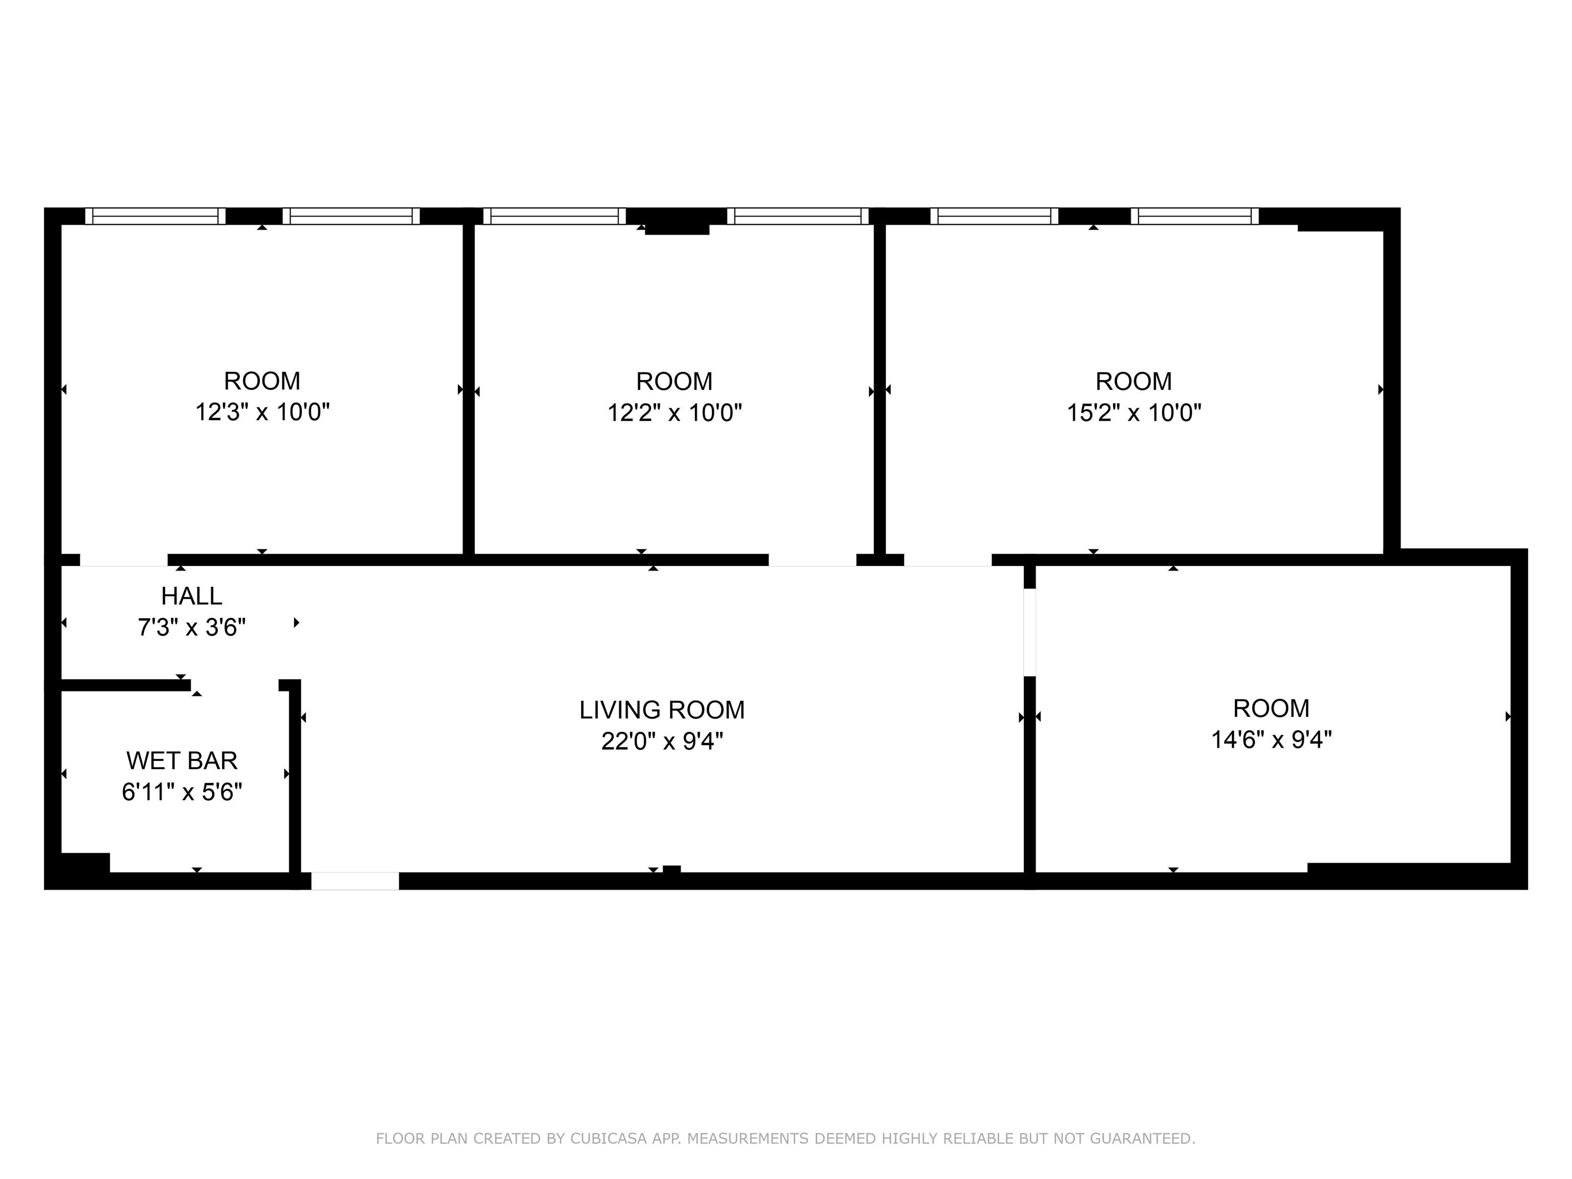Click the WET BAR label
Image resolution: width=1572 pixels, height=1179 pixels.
click(x=182, y=760)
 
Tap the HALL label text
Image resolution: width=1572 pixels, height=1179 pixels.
click(x=191, y=596)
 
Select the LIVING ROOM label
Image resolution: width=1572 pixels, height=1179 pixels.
click(x=662, y=709)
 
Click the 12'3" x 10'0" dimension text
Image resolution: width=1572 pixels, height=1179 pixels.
click(x=262, y=411)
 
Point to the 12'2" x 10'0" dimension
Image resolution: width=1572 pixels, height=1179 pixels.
click(x=674, y=412)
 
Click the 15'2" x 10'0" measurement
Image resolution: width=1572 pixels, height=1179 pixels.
click(x=1133, y=412)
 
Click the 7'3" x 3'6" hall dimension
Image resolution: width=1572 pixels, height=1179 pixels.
click(x=191, y=627)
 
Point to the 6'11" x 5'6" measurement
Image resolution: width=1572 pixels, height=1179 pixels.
click(x=182, y=791)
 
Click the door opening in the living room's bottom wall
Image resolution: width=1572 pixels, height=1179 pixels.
click(x=355, y=881)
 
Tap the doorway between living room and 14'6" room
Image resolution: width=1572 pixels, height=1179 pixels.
click(x=1029, y=632)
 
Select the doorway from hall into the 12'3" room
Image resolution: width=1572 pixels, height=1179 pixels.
click(x=124, y=560)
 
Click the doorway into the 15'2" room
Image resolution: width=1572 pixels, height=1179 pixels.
click(x=947, y=560)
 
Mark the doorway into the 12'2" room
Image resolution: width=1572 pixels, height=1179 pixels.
click(x=812, y=560)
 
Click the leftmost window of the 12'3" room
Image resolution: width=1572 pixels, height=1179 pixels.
click(x=155, y=216)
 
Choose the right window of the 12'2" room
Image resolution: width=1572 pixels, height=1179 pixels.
click(x=797, y=216)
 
